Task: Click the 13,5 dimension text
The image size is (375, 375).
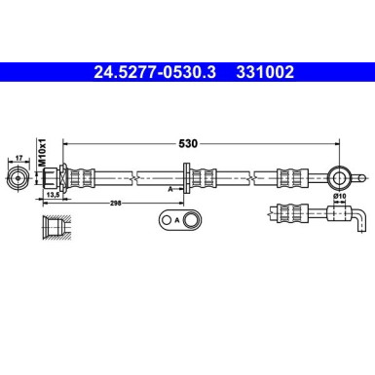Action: tap(56, 196)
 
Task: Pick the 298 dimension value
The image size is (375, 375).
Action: tap(116, 205)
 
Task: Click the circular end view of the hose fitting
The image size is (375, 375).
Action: tap(19, 178)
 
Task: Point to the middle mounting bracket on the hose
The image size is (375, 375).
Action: tap(200, 177)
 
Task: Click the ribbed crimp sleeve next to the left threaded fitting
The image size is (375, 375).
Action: tap(84, 177)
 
